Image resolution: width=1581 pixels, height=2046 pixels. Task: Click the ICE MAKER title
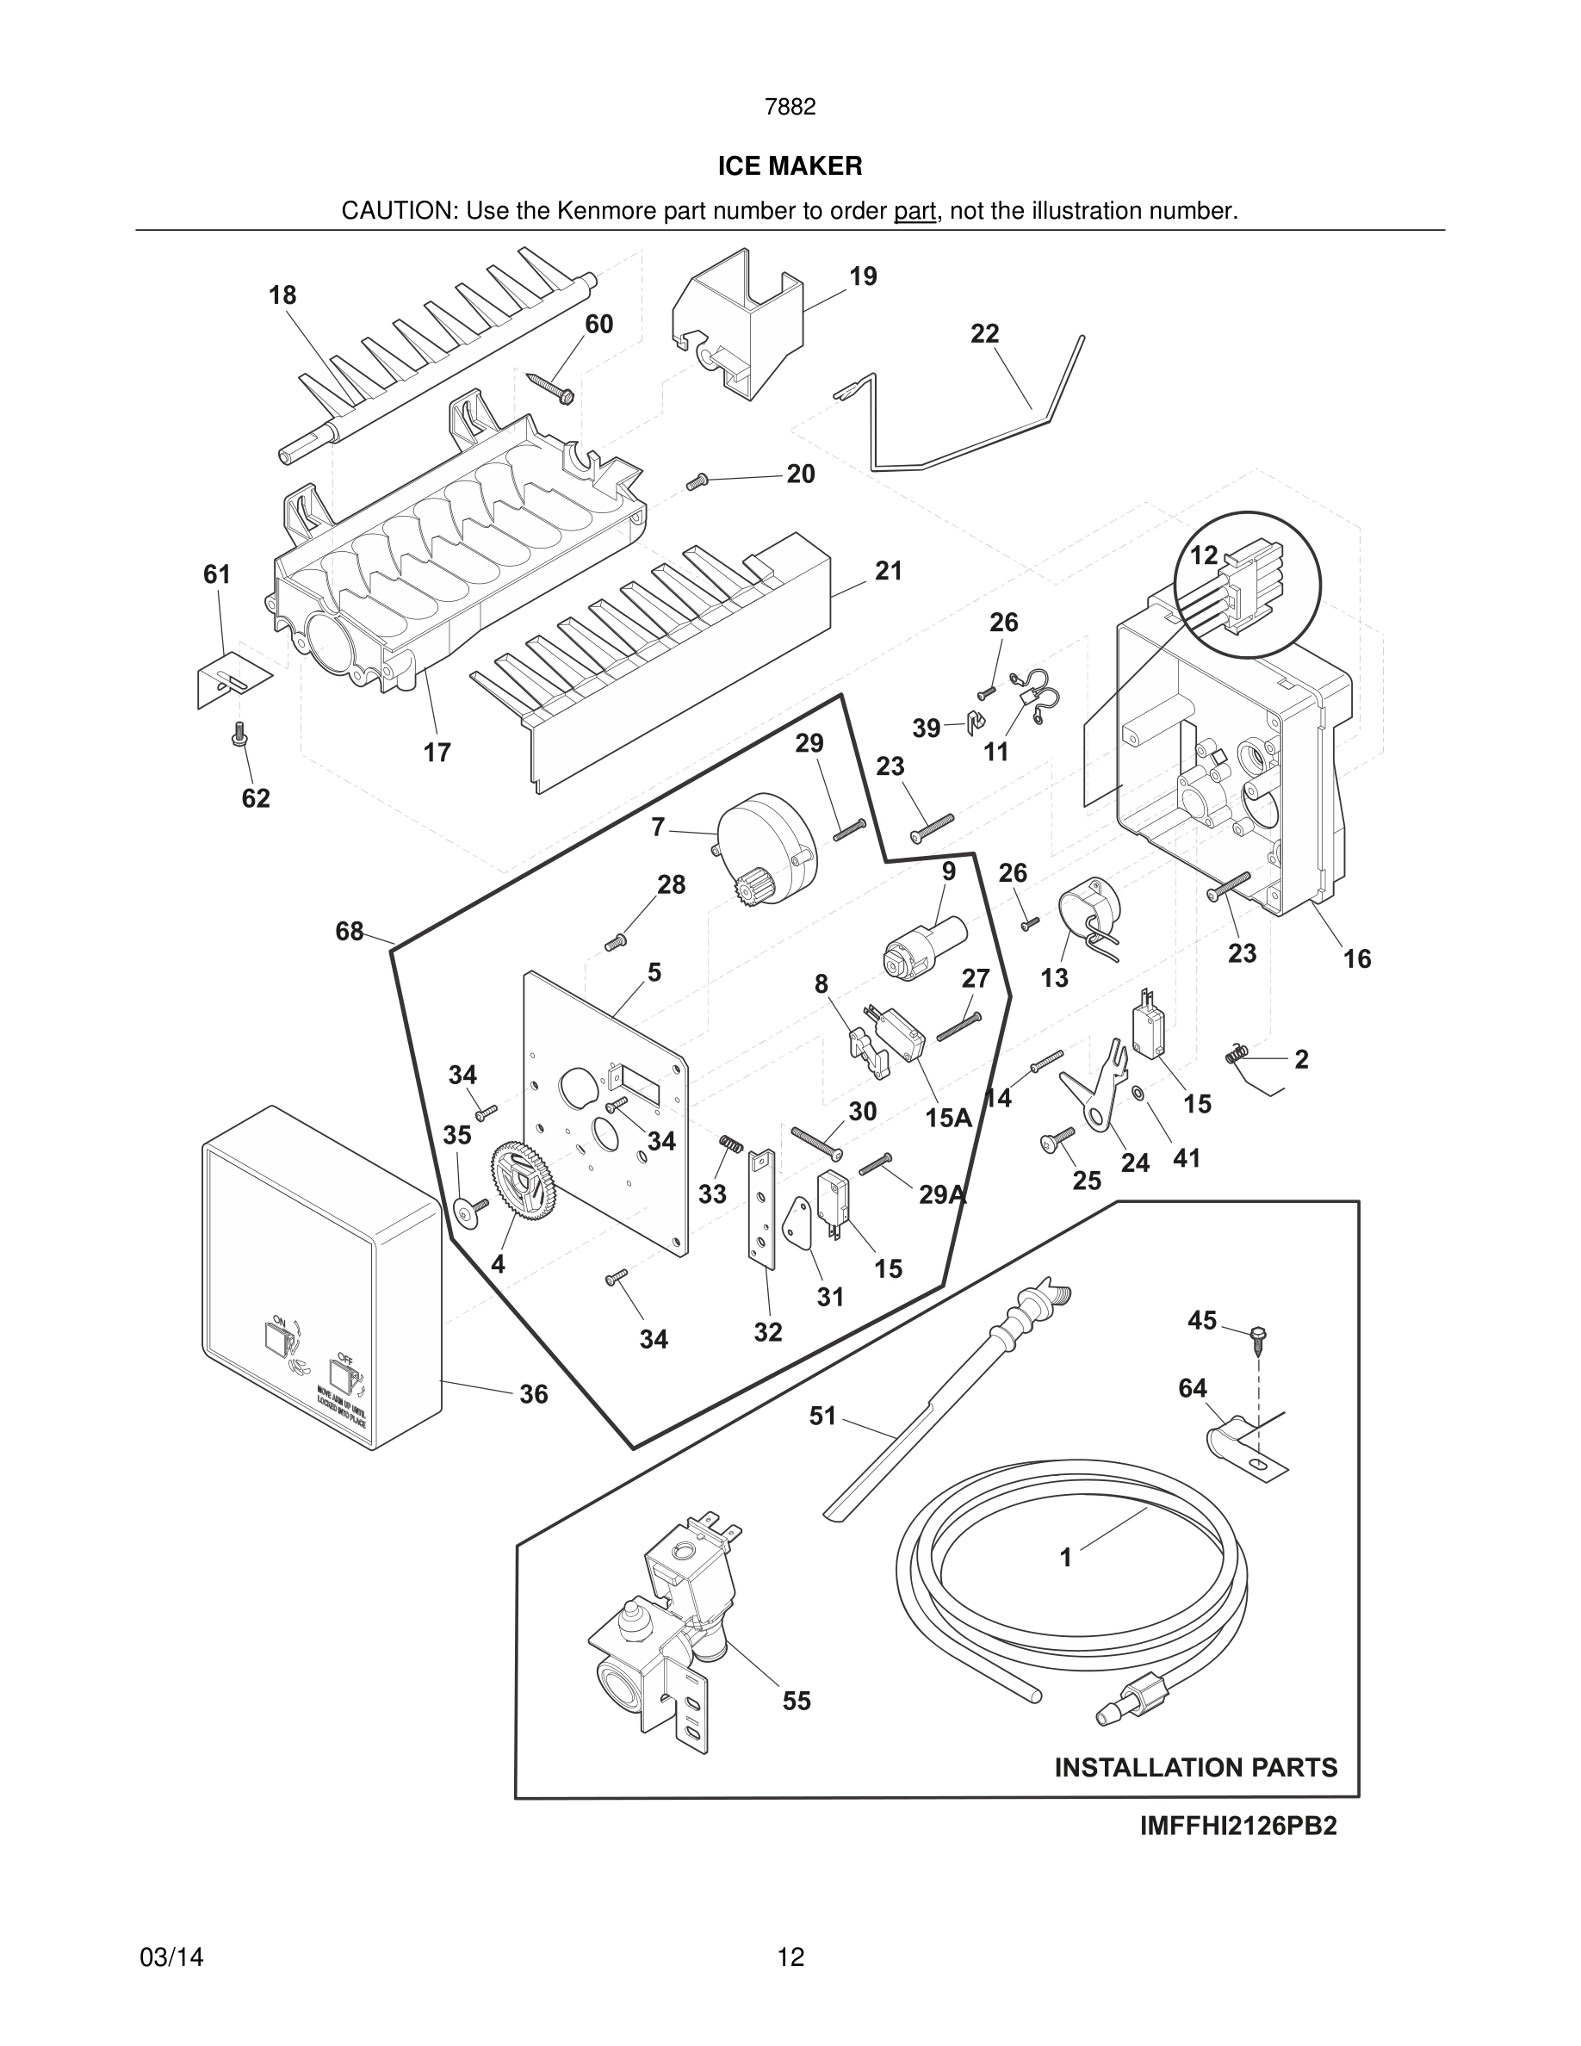(790, 166)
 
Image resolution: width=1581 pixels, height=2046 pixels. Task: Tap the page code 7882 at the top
(790, 107)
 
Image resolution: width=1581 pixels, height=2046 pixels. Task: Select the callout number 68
(350, 931)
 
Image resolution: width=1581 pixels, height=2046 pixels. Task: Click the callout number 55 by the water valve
(797, 1701)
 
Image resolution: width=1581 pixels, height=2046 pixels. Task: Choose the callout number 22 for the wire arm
(984, 333)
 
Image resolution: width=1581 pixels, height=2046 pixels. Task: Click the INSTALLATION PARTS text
(1196, 1767)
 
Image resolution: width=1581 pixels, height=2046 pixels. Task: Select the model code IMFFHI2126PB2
(1238, 1826)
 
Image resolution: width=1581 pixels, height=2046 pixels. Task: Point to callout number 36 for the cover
(533, 1394)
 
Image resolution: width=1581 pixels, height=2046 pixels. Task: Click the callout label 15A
(949, 1117)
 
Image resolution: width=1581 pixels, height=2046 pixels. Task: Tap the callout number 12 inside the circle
(1204, 555)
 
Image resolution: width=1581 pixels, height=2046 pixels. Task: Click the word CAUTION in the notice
(397, 211)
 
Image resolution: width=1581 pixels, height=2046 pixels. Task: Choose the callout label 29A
(942, 1193)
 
